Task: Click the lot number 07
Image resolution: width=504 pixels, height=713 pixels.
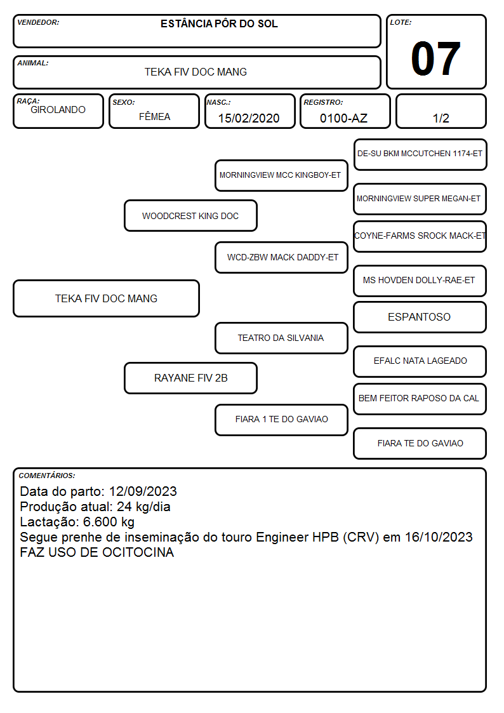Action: tap(435, 58)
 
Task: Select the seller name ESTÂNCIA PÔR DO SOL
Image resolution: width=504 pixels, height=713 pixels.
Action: tap(219, 23)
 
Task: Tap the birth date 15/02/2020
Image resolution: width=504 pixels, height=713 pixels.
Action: tap(249, 118)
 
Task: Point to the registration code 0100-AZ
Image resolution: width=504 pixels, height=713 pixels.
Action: tap(343, 118)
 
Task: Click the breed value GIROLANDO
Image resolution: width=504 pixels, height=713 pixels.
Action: tap(58, 110)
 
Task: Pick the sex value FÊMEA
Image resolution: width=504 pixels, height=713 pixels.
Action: tap(154, 116)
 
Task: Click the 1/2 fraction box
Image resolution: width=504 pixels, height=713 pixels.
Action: tap(441, 111)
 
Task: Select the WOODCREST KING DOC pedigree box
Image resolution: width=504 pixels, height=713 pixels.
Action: tap(190, 215)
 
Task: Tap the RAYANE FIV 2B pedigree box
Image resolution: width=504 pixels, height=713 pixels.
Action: tap(190, 378)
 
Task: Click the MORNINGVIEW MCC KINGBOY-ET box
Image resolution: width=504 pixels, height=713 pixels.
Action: tap(281, 175)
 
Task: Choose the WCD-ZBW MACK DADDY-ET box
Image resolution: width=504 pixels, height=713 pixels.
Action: tap(281, 257)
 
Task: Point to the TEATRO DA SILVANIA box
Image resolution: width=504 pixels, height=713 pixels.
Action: tap(281, 338)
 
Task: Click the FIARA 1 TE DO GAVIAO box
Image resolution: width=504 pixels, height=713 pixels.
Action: tap(281, 420)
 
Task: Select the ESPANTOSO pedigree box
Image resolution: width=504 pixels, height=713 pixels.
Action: tap(420, 317)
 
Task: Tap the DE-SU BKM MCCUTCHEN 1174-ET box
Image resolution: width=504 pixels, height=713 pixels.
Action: tap(420, 155)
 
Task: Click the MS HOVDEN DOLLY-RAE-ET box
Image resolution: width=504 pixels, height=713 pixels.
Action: tap(420, 281)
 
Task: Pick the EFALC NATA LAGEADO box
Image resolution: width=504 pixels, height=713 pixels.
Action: tap(420, 361)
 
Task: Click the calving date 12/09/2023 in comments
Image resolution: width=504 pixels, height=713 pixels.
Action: tap(143, 491)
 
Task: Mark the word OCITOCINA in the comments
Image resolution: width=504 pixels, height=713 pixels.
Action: tap(138, 552)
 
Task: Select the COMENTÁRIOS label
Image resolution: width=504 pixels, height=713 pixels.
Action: tap(47, 476)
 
